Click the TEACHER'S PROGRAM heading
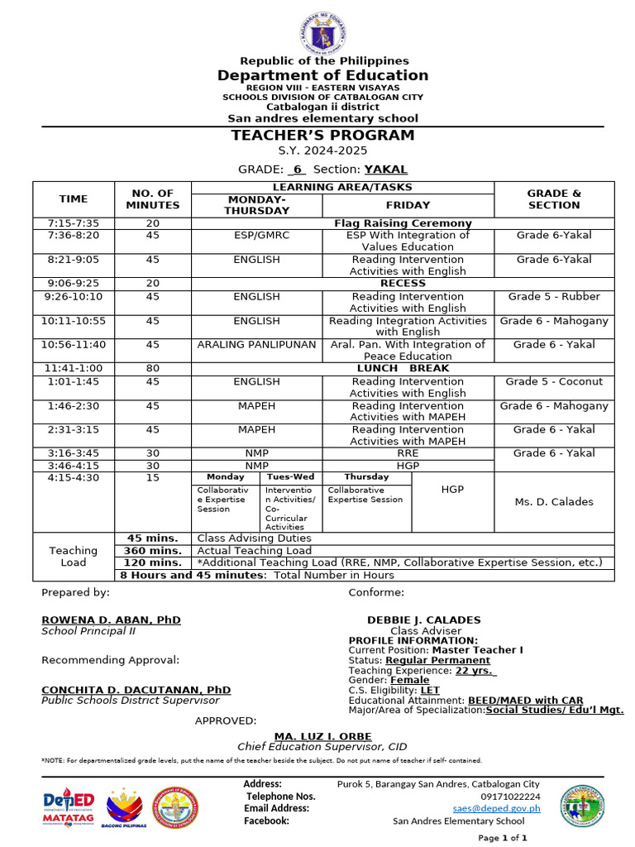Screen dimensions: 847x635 (x=323, y=136)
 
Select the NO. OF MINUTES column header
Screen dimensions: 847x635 (x=152, y=199)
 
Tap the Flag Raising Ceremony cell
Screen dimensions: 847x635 (x=403, y=223)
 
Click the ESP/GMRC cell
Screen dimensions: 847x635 (x=256, y=235)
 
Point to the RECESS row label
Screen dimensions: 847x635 (x=403, y=283)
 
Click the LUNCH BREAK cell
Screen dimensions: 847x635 (x=403, y=368)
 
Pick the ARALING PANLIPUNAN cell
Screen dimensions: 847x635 (x=256, y=344)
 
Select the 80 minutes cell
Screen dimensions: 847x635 (x=152, y=368)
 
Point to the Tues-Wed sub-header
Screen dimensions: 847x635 (x=289, y=477)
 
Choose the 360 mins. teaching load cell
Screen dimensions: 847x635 (x=152, y=550)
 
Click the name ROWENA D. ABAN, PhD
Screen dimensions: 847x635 (x=111, y=620)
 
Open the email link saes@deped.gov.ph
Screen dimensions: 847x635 (x=496, y=808)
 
